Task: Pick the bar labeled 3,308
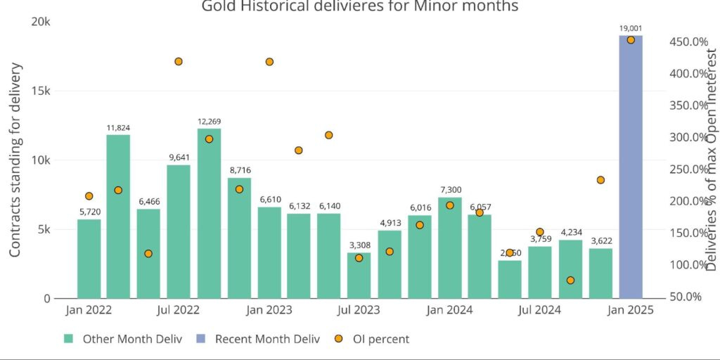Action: tap(359, 275)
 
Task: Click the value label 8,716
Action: tap(239, 170)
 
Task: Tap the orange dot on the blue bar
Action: tap(631, 40)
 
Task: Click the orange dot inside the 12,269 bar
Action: tap(209, 139)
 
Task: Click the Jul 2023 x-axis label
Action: tap(359, 309)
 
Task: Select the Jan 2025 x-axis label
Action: tap(631, 309)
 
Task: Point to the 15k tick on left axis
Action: tap(41, 91)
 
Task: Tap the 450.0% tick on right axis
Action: tap(688, 42)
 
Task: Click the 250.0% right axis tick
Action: tap(688, 169)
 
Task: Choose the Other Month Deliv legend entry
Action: tap(124, 339)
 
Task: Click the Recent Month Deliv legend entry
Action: tap(259, 339)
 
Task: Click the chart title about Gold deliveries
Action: tap(360, 6)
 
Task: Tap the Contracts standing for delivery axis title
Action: tap(15, 160)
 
